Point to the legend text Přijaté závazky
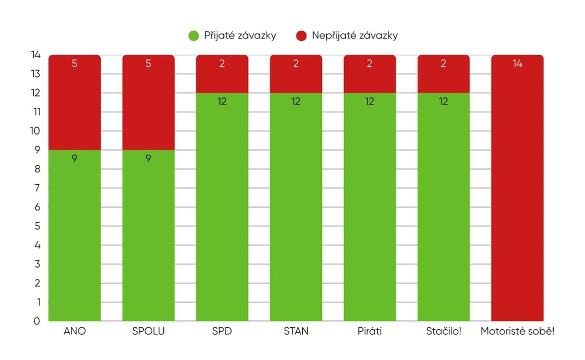pos(239,36)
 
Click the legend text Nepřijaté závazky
pos(355,36)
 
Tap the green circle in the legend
pos(194,36)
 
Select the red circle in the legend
pos(301,36)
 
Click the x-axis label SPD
pos(222,332)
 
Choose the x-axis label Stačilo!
pos(443,332)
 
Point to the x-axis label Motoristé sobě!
pos(517,332)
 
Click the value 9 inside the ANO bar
pos(75,158)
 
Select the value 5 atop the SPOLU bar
pos(148,64)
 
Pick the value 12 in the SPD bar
pos(222,101)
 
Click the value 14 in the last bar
pos(517,64)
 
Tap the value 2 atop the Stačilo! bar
pos(443,64)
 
